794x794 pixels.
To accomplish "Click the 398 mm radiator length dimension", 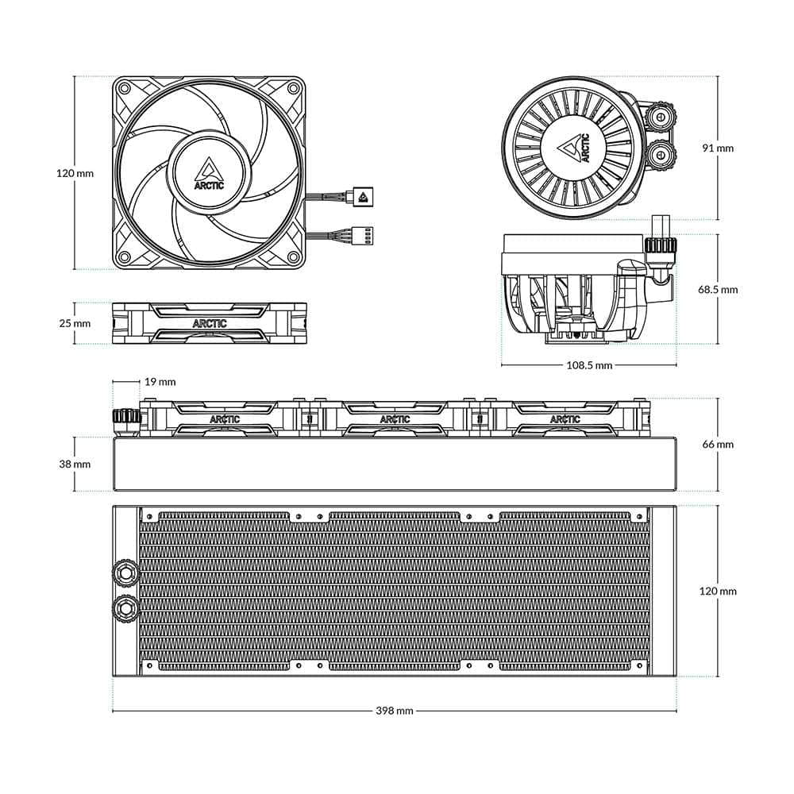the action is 395,711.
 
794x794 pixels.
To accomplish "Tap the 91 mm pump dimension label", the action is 718,148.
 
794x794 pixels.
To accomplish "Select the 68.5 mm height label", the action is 718,290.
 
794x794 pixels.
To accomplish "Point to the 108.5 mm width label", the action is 589,365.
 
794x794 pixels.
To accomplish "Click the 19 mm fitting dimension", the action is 160,382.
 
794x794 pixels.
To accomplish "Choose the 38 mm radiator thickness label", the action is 75,464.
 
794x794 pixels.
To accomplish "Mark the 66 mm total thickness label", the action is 718,444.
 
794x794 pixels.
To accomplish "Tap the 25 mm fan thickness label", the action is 75,323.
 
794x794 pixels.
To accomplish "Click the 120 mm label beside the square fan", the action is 75,173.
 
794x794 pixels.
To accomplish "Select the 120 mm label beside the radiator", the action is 718,591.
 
